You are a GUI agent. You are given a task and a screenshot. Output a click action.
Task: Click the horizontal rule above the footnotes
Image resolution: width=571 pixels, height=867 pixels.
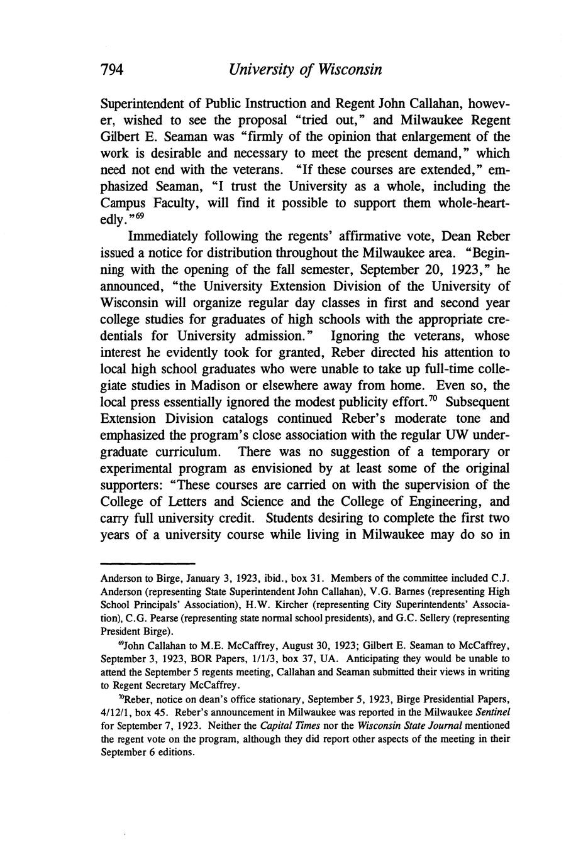148,564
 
